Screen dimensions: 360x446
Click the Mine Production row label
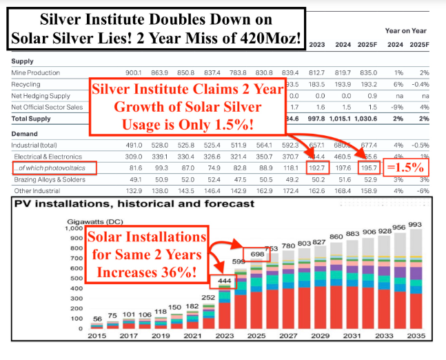click(35, 73)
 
